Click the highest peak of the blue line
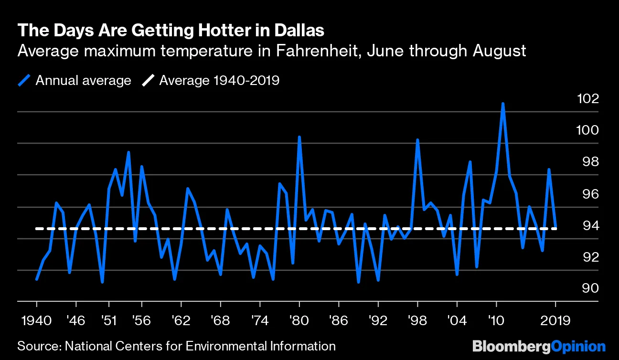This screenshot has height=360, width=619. coord(503,104)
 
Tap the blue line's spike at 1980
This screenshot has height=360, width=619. coord(299,137)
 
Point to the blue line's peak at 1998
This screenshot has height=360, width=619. coord(417,140)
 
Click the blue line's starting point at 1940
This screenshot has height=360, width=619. coord(37,279)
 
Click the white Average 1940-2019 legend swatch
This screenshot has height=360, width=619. coord(148,81)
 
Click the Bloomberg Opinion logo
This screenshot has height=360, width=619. coord(539,346)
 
